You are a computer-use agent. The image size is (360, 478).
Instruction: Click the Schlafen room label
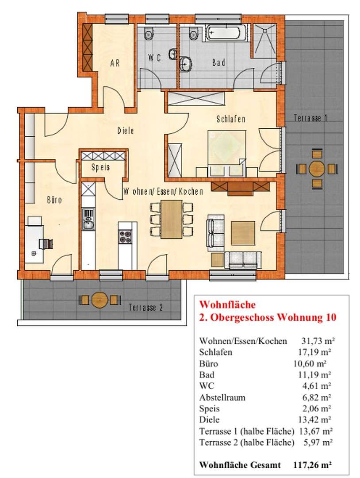click(x=231, y=119)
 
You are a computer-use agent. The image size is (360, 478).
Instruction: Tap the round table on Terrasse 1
click(x=317, y=168)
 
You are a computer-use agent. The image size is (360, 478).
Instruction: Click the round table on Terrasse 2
click(x=100, y=300)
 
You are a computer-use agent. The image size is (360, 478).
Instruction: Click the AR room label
click(x=115, y=63)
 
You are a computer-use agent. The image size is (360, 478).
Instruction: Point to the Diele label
click(x=126, y=131)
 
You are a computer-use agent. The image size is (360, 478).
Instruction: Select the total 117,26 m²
click(x=313, y=465)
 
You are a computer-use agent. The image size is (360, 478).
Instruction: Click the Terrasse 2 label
click(x=146, y=308)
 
